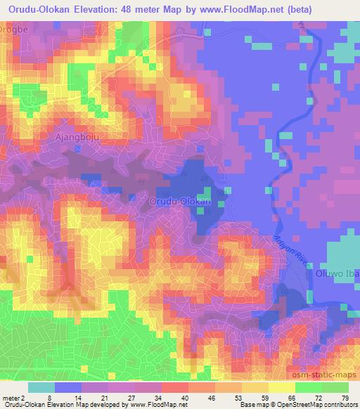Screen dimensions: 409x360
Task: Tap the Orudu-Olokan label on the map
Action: pyautogui.click(x=180, y=202)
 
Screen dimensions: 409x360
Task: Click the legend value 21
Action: pyautogui.click(x=105, y=398)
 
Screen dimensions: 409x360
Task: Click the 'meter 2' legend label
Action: pyautogui.click(x=13, y=398)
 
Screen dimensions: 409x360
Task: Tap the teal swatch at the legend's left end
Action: pyautogui.click(x=41, y=387)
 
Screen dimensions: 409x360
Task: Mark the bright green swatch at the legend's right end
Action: pyautogui.click(x=334, y=387)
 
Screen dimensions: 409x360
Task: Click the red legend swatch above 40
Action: pyautogui.click(x=174, y=387)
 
